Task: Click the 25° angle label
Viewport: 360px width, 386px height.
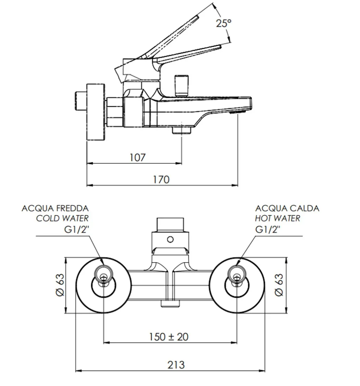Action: (223, 24)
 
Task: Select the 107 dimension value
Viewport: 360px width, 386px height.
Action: (137, 157)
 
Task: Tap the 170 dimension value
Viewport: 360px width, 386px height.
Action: (161, 180)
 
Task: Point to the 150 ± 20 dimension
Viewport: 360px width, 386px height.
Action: (168, 337)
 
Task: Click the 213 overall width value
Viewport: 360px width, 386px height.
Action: (175, 365)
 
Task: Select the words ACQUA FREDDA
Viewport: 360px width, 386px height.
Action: (55, 209)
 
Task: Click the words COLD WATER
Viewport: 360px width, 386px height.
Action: (63, 218)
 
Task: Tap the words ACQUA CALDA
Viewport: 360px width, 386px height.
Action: (287, 209)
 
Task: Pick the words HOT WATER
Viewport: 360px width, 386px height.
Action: (277, 218)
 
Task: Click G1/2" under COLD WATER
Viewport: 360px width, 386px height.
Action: (74, 230)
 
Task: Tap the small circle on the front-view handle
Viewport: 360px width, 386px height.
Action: (170, 240)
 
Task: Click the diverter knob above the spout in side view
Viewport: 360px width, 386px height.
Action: (181, 85)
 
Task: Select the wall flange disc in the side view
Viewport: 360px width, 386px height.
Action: (96, 112)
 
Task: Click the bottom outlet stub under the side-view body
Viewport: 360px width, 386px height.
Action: (181, 131)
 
